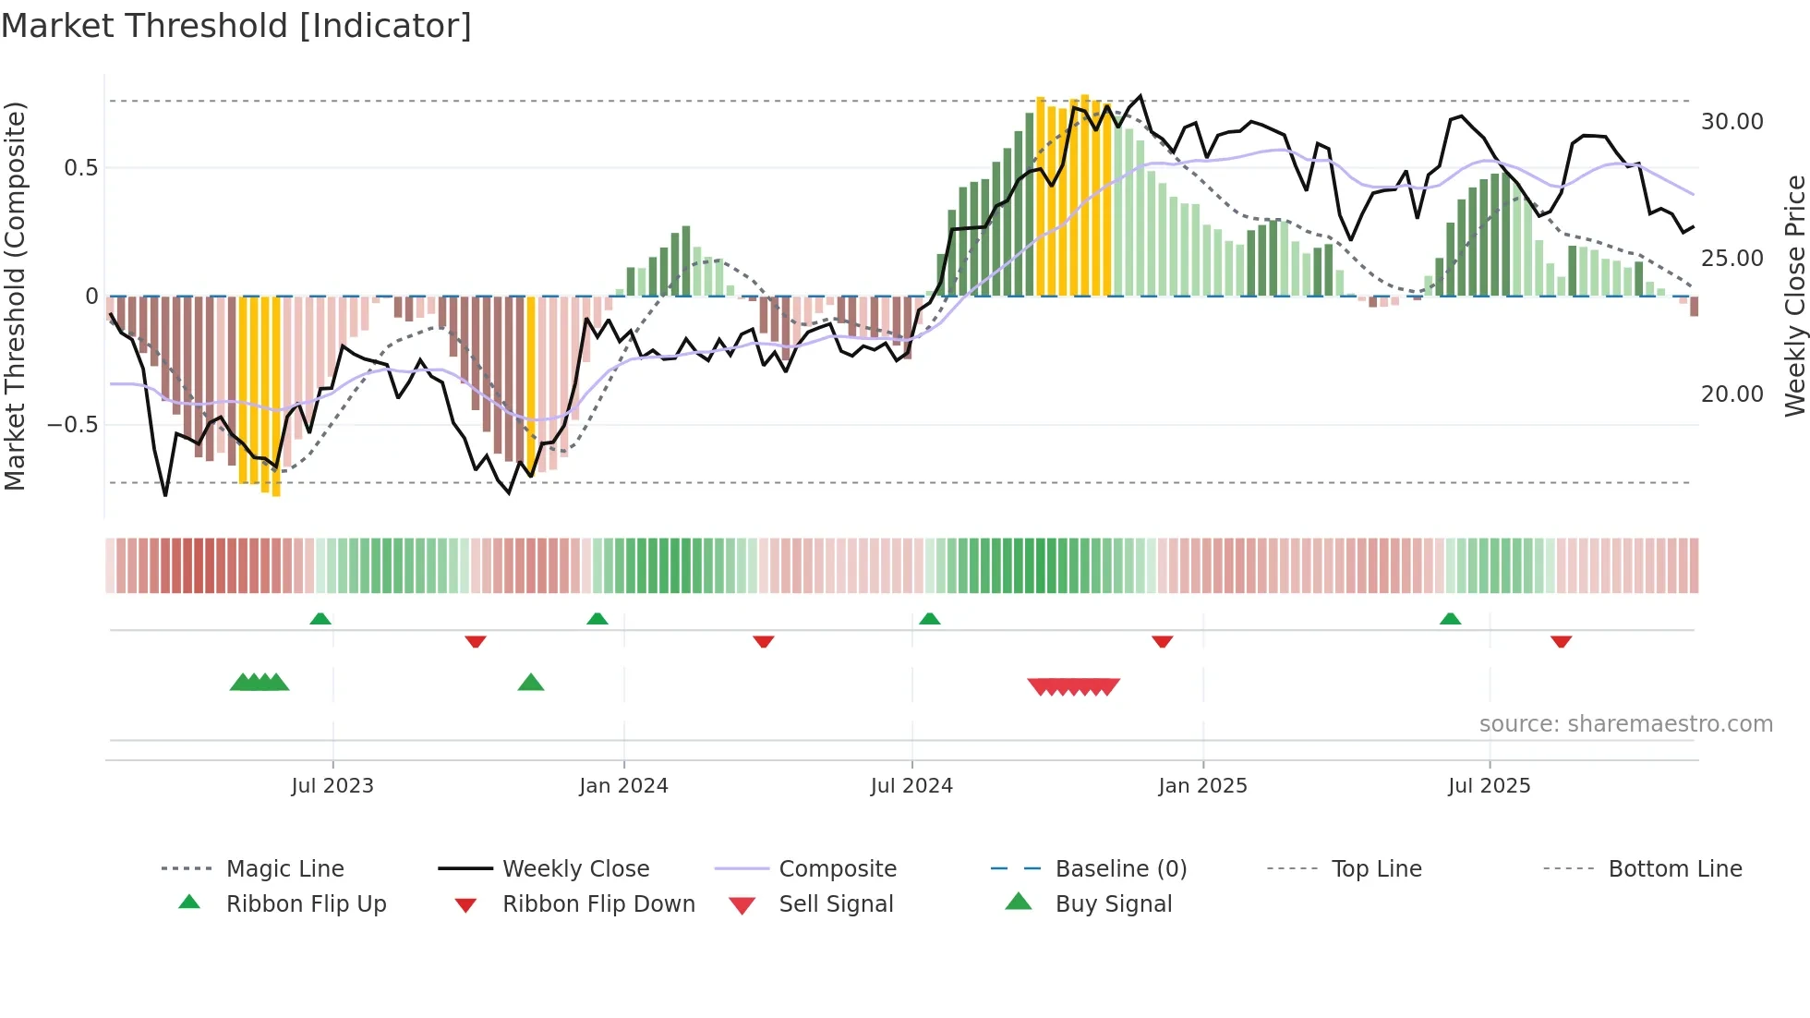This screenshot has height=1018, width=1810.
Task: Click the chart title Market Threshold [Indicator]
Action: tap(236, 26)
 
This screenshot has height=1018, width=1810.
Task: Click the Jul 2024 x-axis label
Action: tap(911, 786)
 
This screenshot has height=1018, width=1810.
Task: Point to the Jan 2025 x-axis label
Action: tap(1202, 786)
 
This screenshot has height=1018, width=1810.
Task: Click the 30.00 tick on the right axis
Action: tap(1732, 122)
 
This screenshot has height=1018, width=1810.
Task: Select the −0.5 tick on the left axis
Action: tap(72, 425)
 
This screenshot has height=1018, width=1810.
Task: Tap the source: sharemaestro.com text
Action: tap(1625, 724)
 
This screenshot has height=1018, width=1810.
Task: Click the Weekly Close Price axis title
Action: tap(1794, 296)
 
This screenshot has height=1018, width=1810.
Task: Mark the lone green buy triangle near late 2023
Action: tap(531, 683)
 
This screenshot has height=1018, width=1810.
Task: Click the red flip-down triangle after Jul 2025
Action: tap(1561, 641)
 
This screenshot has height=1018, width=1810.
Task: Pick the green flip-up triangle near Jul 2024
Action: tap(929, 619)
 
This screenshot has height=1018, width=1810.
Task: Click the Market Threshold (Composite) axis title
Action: tap(15, 296)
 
